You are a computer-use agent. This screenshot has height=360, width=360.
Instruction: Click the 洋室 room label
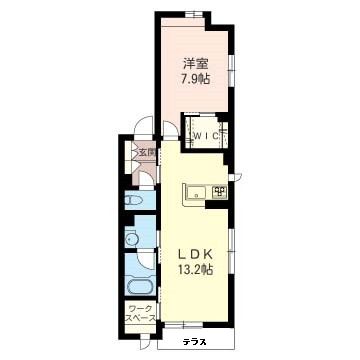[x=196, y=64]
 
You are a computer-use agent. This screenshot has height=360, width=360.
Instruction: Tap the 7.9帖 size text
[x=196, y=79]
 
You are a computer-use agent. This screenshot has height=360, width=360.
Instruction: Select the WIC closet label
[x=206, y=136]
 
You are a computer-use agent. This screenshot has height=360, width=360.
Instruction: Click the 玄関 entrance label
[x=147, y=153]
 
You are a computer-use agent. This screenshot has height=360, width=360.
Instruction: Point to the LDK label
[x=195, y=255]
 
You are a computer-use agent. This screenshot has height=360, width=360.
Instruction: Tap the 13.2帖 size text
[x=196, y=270]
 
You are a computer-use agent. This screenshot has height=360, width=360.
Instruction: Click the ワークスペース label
[x=140, y=313]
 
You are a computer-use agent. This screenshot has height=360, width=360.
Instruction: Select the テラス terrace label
[x=195, y=342]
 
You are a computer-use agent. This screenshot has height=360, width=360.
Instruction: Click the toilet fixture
[x=134, y=201]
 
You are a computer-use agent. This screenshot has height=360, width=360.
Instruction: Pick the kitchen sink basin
[x=196, y=192]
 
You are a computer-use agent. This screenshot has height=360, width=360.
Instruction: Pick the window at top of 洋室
[x=194, y=14]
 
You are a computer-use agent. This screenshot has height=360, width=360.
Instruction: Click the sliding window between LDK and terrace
[x=184, y=325]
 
